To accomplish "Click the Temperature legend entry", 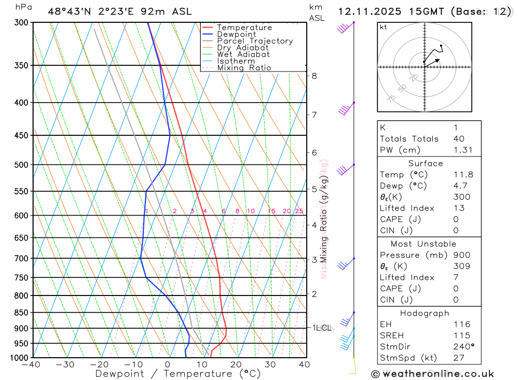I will pyautogui.click(x=244, y=27).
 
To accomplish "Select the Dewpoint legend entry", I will pyautogui.click(x=236, y=34).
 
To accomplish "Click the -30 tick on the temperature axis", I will pyautogui.click(x=65, y=364).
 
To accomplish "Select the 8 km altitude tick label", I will pyautogui.click(x=314, y=76).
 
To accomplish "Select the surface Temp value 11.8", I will pyautogui.click(x=463, y=175).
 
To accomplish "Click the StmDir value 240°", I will pyautogui.click(x=463, y=346).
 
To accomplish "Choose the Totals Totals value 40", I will pyautogui.click(x=459, y=138).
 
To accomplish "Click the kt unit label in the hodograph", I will pyautogui.click(x=384, y=27).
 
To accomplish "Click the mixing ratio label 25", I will pyautogui.click(x=299, y=211).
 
